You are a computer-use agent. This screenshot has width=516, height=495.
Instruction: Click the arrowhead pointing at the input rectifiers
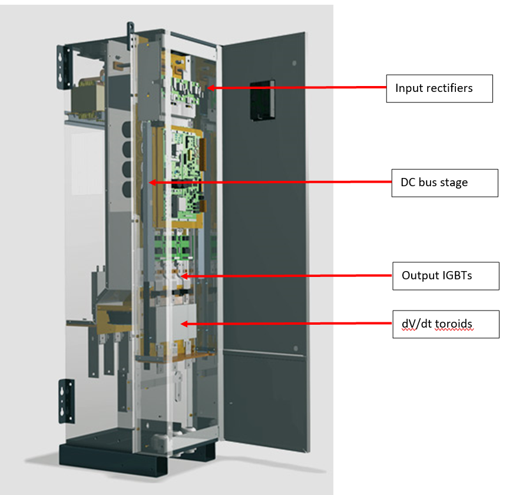(x=210, y=88)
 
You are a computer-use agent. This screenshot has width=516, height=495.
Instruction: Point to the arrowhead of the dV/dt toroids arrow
(x=184, y=324)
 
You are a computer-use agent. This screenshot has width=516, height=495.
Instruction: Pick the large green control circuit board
(x=183, y=171)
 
